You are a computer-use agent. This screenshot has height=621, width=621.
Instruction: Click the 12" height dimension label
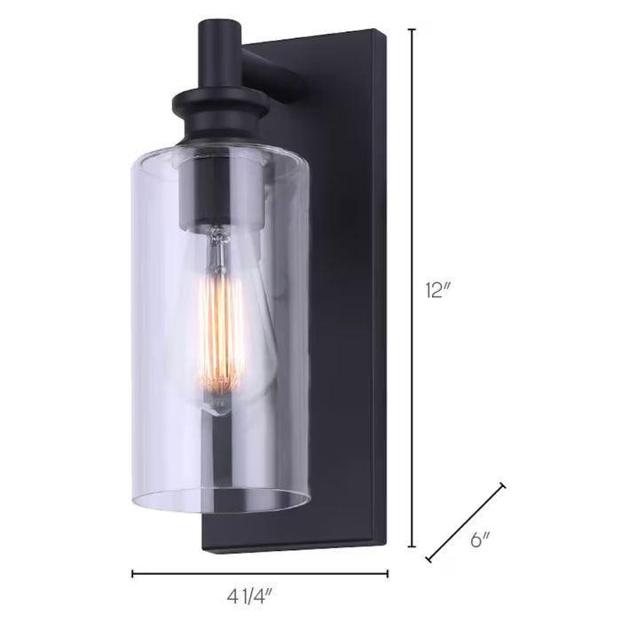437,290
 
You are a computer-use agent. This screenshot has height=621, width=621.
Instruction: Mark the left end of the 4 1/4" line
133,574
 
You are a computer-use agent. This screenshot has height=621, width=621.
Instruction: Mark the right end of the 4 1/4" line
388,574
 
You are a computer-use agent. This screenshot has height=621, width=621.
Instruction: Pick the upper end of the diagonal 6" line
504,485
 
